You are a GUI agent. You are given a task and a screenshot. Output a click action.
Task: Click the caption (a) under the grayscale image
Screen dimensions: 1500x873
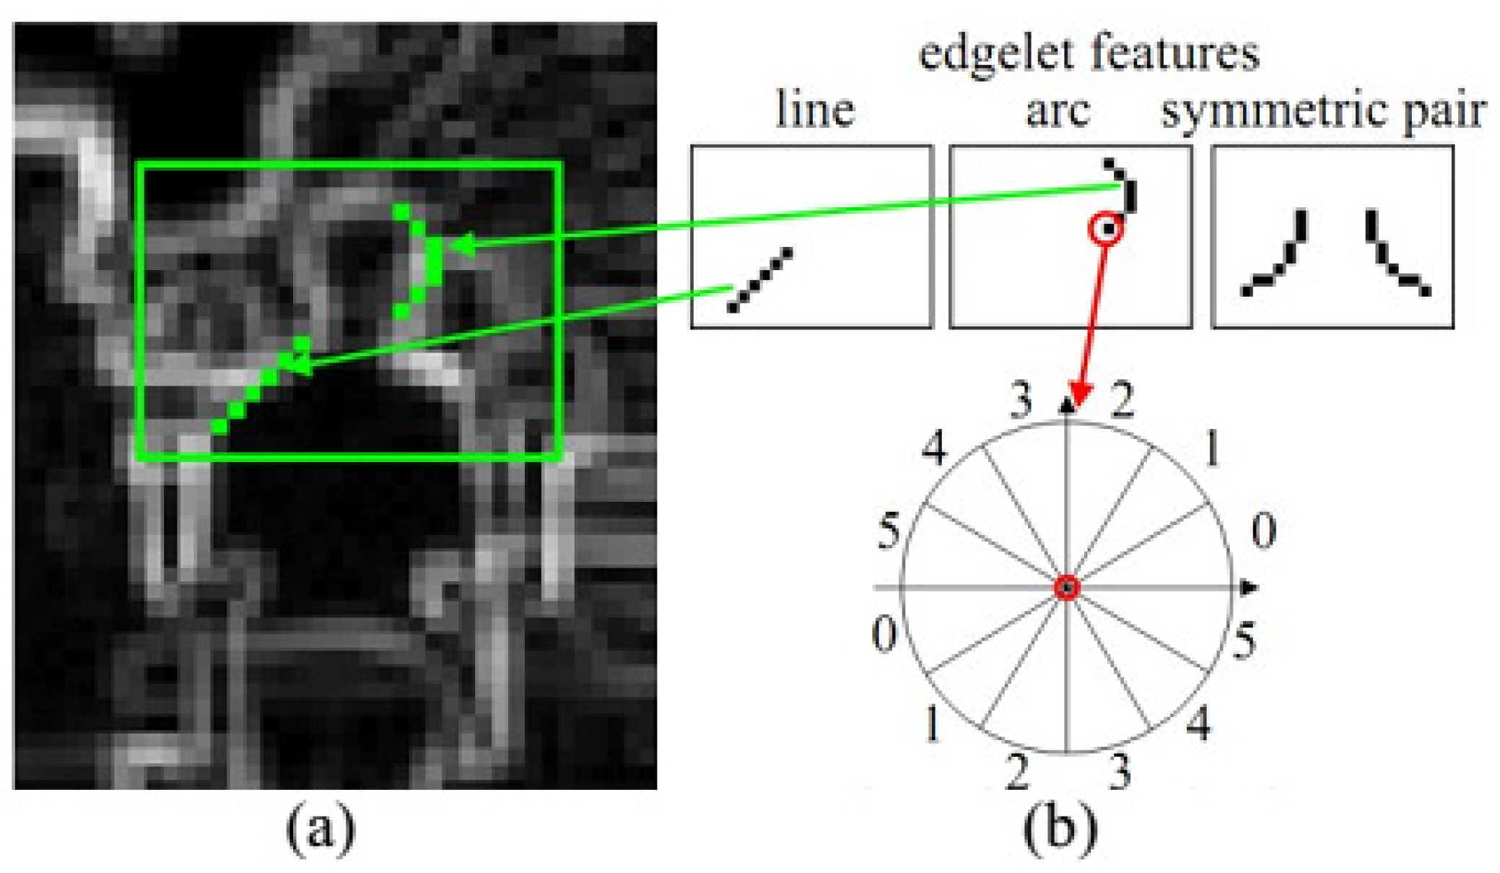click(321, 829)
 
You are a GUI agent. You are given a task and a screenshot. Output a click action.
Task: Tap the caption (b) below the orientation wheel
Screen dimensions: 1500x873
click(1060, 829)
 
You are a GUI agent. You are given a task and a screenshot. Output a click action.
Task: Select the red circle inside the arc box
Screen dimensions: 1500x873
click(1107, 230)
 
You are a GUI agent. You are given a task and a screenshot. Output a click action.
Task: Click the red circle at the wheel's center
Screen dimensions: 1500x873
click(1067, 588)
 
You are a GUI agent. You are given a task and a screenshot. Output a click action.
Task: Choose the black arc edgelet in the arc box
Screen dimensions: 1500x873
click(1125, 186)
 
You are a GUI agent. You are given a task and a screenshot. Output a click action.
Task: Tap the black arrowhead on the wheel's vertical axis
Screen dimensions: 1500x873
click(1066, 406)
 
